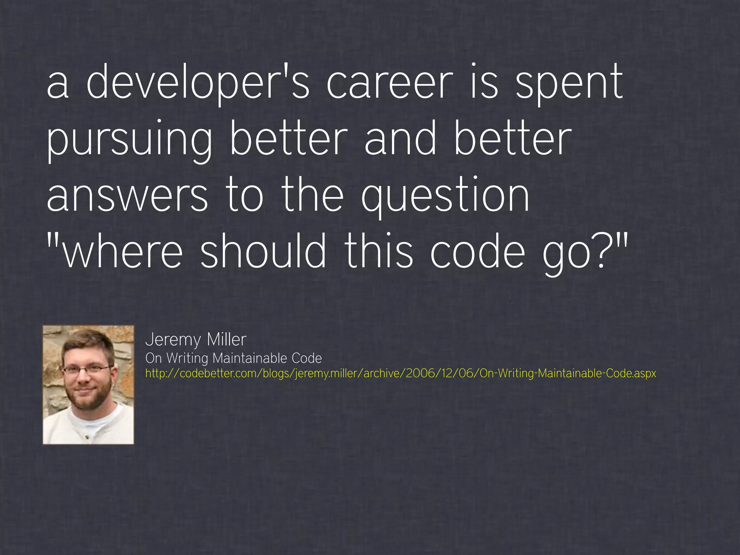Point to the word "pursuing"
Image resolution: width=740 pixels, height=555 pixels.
(x=129, y=140)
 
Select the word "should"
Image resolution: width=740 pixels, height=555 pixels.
(x=263, y=252)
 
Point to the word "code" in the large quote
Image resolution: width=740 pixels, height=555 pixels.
(x=477, y=252)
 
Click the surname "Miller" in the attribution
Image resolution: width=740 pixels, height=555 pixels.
(x=227, y=339)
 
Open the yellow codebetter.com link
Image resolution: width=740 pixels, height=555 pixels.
(x=400, y=373)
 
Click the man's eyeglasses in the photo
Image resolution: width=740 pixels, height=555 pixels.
(x=87, y=369)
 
